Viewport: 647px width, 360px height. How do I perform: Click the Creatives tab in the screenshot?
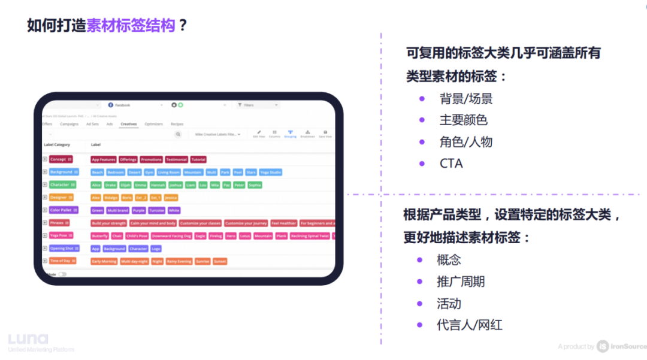pyautogui.click(x=129, y=124)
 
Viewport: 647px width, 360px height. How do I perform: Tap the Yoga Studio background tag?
pyautogui.click(x=271, y=173)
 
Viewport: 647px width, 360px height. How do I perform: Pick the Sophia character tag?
pyautogui.click(x=255, y=185)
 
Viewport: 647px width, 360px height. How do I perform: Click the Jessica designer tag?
pyautogui.click(x=171, y=198)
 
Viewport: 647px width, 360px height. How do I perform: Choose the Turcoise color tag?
pyautogui.click(x=157, y=210)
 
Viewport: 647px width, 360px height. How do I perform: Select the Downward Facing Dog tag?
pyautogui.click(x=171, y=236)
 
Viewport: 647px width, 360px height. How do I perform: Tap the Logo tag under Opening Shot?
pyautogui.click(x=156, y=249)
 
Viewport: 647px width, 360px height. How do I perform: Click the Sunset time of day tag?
pyautogui.click(x=220, y=261)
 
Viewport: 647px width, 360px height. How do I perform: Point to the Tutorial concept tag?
pyautogui.click(x=198, y=160)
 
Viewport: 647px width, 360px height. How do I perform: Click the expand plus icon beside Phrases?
pyautogui.click(x=45, y=223)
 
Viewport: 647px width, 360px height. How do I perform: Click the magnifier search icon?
pyautogui.click(x=178, y=135)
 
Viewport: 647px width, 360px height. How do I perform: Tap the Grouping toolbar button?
pyautogui.click(x=290, y=134)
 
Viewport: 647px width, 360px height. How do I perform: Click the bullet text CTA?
pyautogui.click(x=451, y=163)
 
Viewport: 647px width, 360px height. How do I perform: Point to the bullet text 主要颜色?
pyautogui.click(x=463, y=120)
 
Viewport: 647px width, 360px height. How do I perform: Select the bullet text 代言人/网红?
pyautogui.click(x=469, y=325)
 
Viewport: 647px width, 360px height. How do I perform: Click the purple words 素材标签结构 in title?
pyautogui.click(x=131, y=26)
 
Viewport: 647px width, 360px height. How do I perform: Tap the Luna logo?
pyautogui.click(x=28, y=339)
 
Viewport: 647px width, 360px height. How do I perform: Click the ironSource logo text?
pyautogui.click(x=629, y=346)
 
